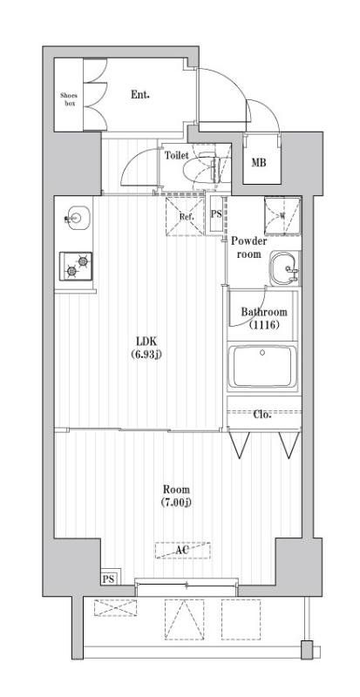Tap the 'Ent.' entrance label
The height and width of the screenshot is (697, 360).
click(x=139, y=94)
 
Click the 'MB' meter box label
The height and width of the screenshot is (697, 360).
click(x=260, y=162)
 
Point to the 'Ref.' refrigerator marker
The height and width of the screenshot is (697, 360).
click(x=186, y=216)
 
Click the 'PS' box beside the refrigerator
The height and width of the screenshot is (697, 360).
click(x=216, y=215)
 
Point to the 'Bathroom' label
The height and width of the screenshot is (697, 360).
click(x=264, y=312)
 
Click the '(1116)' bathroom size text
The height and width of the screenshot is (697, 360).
click(x=264, y=325)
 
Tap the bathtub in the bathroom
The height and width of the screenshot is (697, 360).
click(x=263, y=368)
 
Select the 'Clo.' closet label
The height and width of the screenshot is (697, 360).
click(x=262, y=415)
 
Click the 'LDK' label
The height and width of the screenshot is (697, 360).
click(x=146, y=341)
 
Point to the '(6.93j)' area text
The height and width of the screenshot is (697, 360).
click(x=146, y=354)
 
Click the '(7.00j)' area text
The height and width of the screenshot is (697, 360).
click(x=175, y=503)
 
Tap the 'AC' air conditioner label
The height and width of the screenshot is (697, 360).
click(x=182, y=551)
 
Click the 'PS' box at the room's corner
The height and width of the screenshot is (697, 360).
click(x=108, y=579)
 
